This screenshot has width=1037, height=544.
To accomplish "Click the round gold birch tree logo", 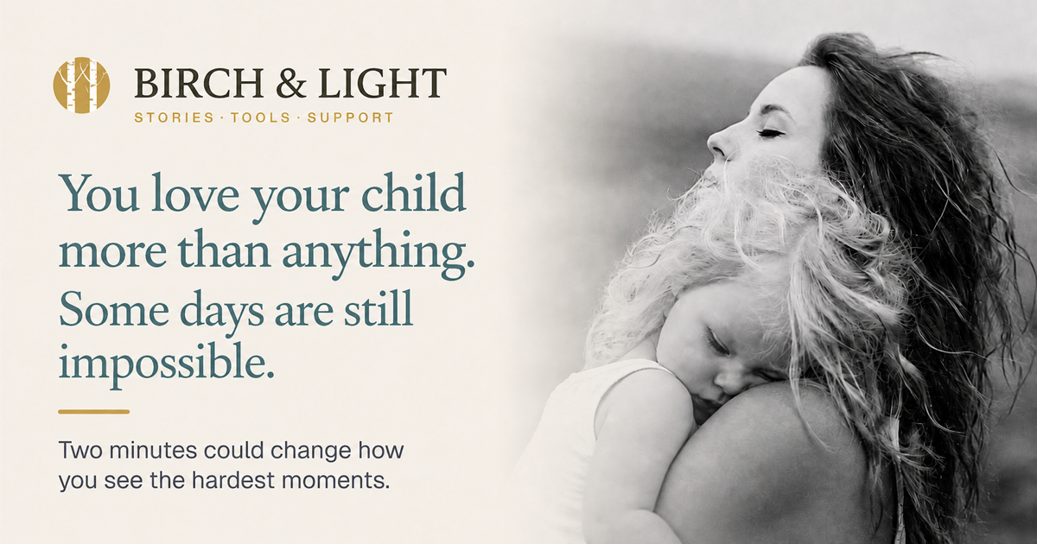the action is (81, 85).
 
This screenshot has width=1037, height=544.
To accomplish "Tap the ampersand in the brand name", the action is (291, 83).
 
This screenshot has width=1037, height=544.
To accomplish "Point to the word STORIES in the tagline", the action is (175, 117).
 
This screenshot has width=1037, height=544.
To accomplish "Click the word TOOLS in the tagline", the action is (261, 117).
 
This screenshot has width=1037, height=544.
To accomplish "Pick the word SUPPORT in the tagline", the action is (351, 117).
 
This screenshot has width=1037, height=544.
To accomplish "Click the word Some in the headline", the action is (114, 309).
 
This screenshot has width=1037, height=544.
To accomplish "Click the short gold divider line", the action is (94, 412).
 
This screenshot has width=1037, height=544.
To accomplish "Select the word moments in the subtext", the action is (330, 482).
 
